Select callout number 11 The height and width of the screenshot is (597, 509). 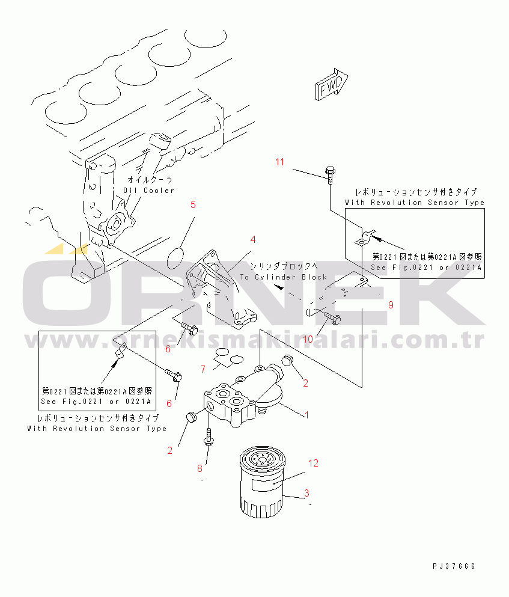280,162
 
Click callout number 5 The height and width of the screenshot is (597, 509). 194,204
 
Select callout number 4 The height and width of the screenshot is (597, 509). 253,239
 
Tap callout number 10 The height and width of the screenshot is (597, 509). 308,339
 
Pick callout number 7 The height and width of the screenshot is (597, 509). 203,369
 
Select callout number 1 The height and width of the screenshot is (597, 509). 307,415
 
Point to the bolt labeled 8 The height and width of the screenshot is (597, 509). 208,438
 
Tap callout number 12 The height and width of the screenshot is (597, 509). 313,463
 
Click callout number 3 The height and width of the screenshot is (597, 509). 306,494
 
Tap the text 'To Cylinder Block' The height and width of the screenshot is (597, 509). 283,277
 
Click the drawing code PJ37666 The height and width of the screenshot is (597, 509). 453,566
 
